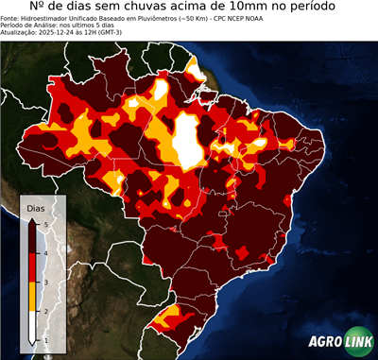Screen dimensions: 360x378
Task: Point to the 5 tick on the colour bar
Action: coord(44,223)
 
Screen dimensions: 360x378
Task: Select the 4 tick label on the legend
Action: coord(44,253)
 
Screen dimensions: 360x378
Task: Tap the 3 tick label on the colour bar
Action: coord(44,283)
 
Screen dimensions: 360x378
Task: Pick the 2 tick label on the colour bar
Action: coord(44,311)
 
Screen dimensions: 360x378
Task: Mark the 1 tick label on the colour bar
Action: coord(44,340)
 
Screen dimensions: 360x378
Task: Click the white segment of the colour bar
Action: coord(32,326)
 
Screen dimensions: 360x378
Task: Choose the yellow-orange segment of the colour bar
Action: coord(32,297)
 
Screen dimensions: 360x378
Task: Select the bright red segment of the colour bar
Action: coord(32,267)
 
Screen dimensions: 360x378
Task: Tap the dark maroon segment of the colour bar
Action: coord(32,238)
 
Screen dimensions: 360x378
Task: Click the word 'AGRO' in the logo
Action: coord(325,343)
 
